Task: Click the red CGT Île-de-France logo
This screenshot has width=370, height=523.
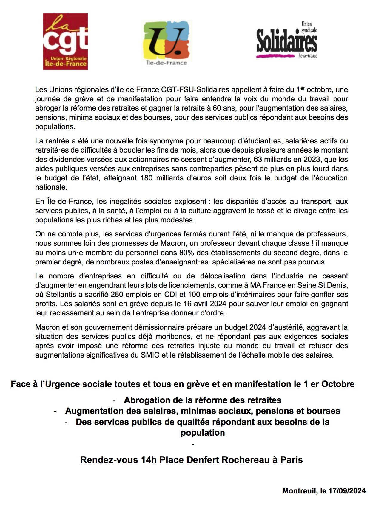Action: [65, 41]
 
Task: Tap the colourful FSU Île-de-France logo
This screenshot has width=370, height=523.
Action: [166, 43]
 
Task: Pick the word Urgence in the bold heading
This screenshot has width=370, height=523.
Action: [62, 384]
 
